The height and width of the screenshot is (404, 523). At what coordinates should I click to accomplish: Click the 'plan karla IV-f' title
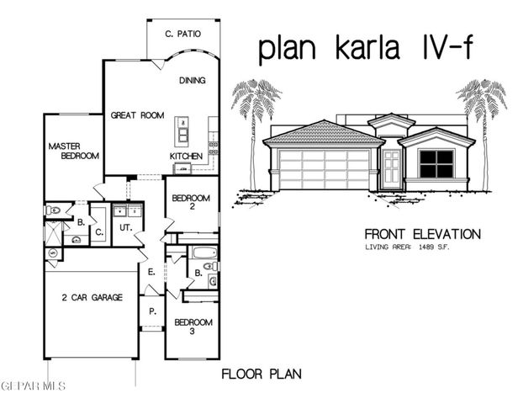[364, 49]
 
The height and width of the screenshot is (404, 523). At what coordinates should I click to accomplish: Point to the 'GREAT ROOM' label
[138, 115]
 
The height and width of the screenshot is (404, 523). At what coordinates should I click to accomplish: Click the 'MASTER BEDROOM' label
[74, 151]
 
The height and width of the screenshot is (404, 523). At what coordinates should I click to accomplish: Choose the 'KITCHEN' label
[187, 157]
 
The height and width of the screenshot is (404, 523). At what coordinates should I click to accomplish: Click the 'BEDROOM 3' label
[193, 327]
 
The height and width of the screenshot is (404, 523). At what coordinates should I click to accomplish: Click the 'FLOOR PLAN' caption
[261, 373]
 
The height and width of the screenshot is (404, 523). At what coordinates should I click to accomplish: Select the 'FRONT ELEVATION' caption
[422, 234]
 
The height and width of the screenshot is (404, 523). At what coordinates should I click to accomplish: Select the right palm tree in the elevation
[482, 126]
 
